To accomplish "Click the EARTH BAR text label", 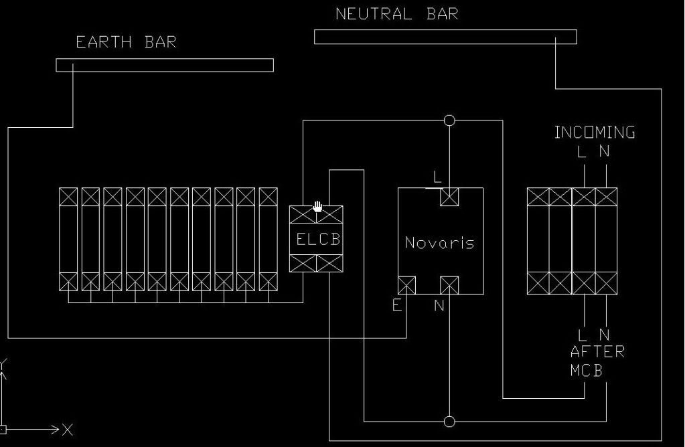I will pyautogui.click(x=126, y=42).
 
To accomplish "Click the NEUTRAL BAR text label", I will pyautogui.click(x=396, y=14).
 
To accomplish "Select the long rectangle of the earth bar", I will pyautogui.click(x=164, y=65).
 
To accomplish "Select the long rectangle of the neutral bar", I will pyautogui.click(x=445, y=37).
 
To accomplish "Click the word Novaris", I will pyautogui.click(x=439, y=243).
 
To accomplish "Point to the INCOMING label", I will pyautogui.click(x=595, y=132).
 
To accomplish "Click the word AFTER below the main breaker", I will pyautogui.click(x=597, y=352).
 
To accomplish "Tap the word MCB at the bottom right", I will pyautogui.click(x=586, y=370).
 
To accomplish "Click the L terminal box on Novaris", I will pyautogui.click(x=449, y=197).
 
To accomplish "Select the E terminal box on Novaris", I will pyautogui.click(x=406, y=286).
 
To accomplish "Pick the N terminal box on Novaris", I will pyautogui.click(x=449, y=286).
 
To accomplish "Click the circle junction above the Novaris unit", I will pyautogui.click(x=449, y=120).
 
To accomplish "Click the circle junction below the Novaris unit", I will pyautogui.click(x=449, y=421).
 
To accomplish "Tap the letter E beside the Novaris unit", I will pyautogui.click(x=397, y=306).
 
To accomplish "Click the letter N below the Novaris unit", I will pyautogui.click(x=439, y=306).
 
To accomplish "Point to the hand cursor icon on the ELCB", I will pyautogui.click(x=317, y=207).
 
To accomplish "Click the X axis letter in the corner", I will pyautogui.click(x=68, y=430).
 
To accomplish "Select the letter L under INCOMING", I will pyautogui.click(x=582, y=152).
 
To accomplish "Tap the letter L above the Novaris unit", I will pyautogui.click(x=438, y=178).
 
